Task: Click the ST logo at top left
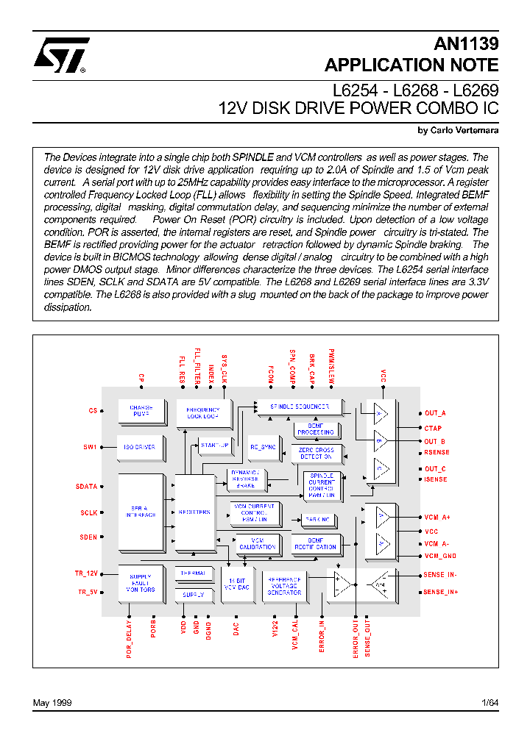pyautogui.click(x=61, y=56)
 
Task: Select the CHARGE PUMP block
pyautogui.click(x=141, y=411)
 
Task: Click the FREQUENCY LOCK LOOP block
pyautogui.click(x=203, y=413)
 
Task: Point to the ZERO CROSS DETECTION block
pyautogui.click(x=316, y=454)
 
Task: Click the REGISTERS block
pyautogui.click(x=194, y=512)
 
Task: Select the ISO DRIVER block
pyautogui.click(x=140, y=447)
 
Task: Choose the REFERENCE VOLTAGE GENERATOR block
pyautogui.click(x=284, y=584)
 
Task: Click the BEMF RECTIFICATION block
pyautogui.click(x=315, y=543)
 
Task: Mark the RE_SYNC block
pyautogui.click(x=262, y=446)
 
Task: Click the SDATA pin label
pyautogui.click(x=86, y=487)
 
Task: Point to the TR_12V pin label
pyautogui.click(x=85, y=573)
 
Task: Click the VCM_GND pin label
pyautogui.click(x=440, y=557)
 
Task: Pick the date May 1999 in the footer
pyautogui.click(x=52, y=703)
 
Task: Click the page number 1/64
pyautogui.click(x=489, y=703)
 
